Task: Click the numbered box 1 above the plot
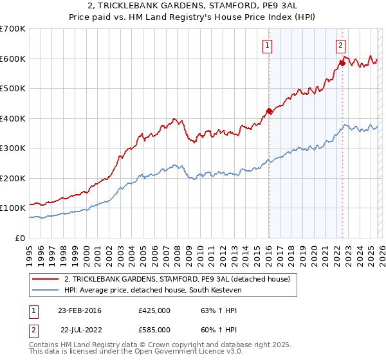coord(267,45)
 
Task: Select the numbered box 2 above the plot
coord(340,45)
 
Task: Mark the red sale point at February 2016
coord(269,111)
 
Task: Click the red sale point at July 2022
coord(342,63)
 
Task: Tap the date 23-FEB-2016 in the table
coord(79,310)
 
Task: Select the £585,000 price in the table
coord(154,328)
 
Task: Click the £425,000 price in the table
coord(154,310)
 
